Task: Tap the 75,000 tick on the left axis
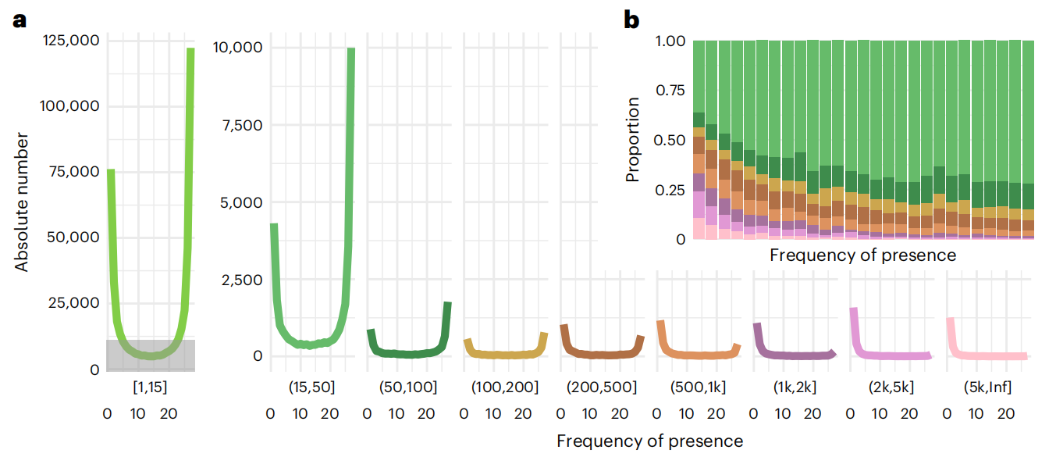tap(78, 172)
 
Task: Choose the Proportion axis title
tap(633, 140)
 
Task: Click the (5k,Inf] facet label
tap(987, 387)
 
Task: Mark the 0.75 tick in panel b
tap(670, 91)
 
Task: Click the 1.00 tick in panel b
tap(670, 41)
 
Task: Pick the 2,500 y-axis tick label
tap(240, 280)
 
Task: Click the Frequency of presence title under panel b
tap(862, 255)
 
